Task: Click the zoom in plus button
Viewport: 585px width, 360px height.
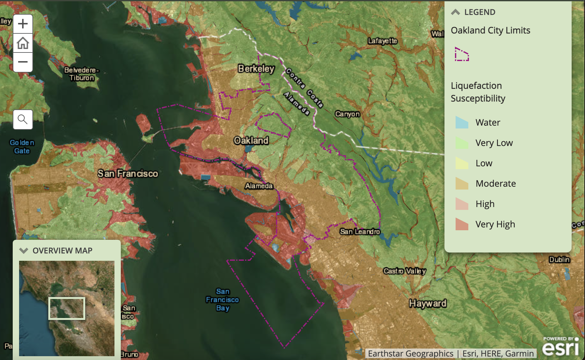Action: (x=23, y=24)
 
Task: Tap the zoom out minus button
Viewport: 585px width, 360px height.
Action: (x=23, y=62)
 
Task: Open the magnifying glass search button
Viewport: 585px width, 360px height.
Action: (x=23, y=120)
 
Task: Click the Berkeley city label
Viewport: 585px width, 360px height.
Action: (x=256, y=69)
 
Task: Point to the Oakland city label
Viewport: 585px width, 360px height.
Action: (x=251, y=141)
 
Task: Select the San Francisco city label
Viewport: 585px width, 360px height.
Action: (x=127, y=174)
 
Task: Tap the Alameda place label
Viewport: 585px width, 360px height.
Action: (x=259, y=186)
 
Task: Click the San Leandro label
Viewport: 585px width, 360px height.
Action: (x=360, y=232)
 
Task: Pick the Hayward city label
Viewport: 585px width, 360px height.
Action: (x=428, y=303)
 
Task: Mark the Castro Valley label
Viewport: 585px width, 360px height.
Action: (x=404, y=271)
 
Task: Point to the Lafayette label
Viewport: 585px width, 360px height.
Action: (x=382, y=41)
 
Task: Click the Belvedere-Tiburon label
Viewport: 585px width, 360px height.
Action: (x=82, y=74)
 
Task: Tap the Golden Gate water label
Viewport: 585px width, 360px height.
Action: (x=22, y=147)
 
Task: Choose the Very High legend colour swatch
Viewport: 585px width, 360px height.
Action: (x=462, y=224)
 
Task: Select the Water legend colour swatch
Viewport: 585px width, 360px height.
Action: (x=462, y=122)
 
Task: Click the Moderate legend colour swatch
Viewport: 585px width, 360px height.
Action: (x=462, y=183)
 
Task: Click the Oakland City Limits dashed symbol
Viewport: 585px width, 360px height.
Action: (x=462, y=54)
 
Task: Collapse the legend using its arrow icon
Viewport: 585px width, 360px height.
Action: (x=455, y=12)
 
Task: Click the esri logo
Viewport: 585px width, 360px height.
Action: (x=560, y=348)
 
